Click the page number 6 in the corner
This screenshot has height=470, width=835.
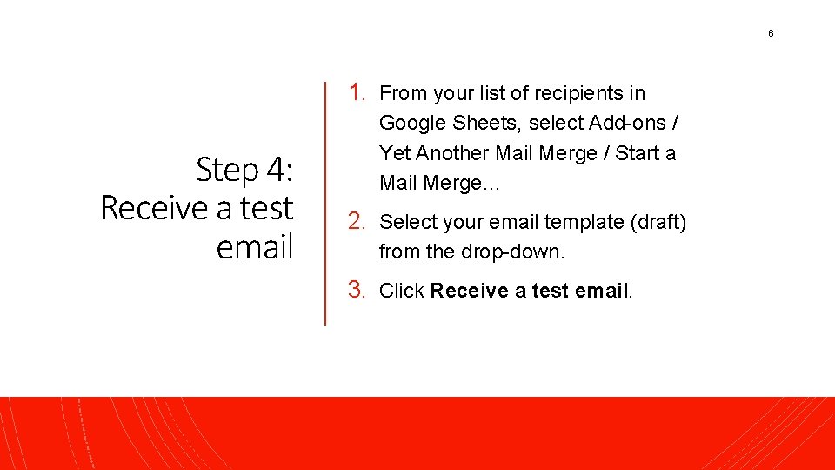770,34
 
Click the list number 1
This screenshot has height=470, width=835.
357,92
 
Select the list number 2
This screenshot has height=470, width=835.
357,222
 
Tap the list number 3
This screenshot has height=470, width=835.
357,290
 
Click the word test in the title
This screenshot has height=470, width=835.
267,208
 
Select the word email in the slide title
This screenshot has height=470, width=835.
255,247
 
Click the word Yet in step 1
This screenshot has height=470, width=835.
395,154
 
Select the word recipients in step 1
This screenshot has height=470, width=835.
578,93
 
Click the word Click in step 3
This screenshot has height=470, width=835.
402,291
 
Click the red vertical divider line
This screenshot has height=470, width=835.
325,204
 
